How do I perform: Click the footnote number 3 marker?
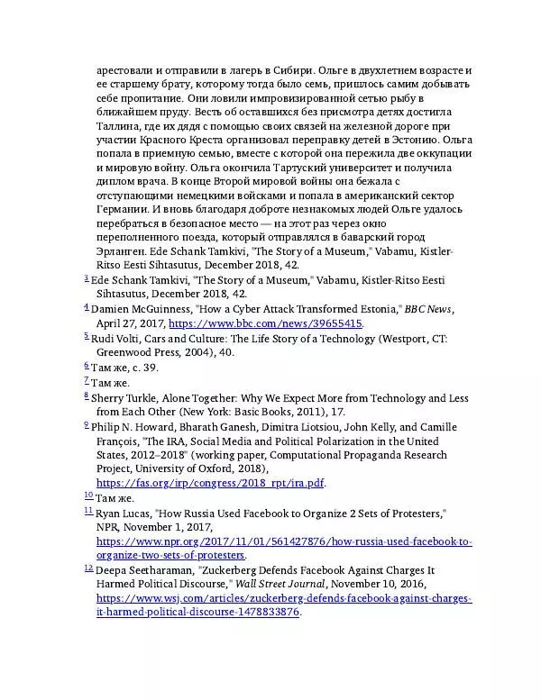[x=86, y=279]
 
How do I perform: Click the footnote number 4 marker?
[x=86, y=307]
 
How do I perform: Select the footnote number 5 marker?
[x=86, y=336]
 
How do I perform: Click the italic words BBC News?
[x=427, y=309]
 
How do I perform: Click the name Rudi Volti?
[x=115, y=338]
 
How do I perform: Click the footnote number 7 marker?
[x=86, y=380]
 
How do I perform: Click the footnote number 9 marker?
[x=86, y=424]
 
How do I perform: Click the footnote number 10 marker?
[x=88, y=495]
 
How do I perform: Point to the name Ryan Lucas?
[x=123, y=513]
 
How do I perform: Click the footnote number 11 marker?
[x=88, y=511]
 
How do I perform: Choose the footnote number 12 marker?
[x=88, y=568]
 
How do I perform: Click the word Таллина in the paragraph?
[x=118, y=125]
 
